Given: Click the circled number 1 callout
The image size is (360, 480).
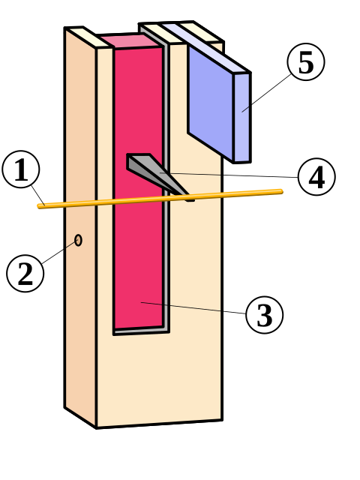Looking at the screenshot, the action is click(21, 169).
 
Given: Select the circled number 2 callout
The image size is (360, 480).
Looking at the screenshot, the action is click(25, 273).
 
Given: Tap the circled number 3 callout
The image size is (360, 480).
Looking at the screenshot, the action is click(264, 315).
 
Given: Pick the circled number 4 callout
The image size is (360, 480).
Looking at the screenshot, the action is click(316, 177).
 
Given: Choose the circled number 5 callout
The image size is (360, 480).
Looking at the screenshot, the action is click(306, 61).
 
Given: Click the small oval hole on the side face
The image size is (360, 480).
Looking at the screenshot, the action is click(78, 240).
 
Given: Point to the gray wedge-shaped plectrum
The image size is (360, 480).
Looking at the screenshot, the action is click(153, 172).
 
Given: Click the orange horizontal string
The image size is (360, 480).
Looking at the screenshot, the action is click(160, 199).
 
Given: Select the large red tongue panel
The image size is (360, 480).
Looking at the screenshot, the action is click(138, 187).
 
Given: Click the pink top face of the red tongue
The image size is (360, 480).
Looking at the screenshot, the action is click(130, 41).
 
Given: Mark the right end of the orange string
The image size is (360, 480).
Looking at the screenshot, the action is click(281, 192).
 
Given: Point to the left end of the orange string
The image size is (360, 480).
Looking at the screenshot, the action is click(40, 206).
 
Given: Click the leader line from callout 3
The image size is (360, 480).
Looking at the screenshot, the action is click(193, 308).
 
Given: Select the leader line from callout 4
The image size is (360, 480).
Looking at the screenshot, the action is click(229, 175).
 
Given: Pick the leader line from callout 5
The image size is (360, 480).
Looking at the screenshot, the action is click(266, 93).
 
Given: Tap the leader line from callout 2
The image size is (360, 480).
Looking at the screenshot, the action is click(58, 253).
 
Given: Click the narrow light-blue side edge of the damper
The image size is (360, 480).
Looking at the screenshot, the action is click(242, 118).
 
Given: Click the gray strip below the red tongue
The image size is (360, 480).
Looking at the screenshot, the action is click(142, 330).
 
